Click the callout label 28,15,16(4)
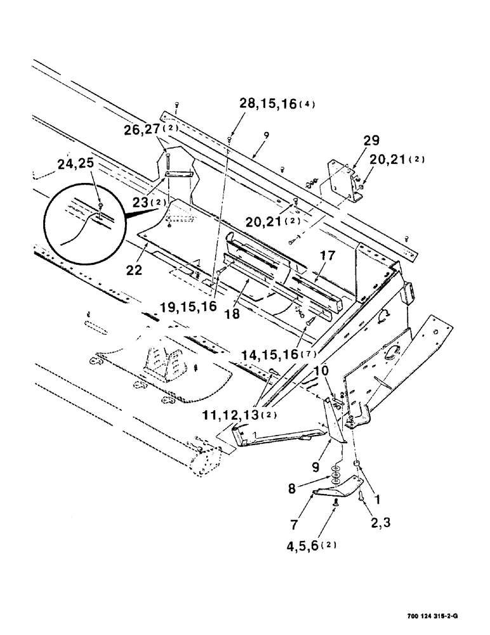277,104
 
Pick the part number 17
328,256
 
